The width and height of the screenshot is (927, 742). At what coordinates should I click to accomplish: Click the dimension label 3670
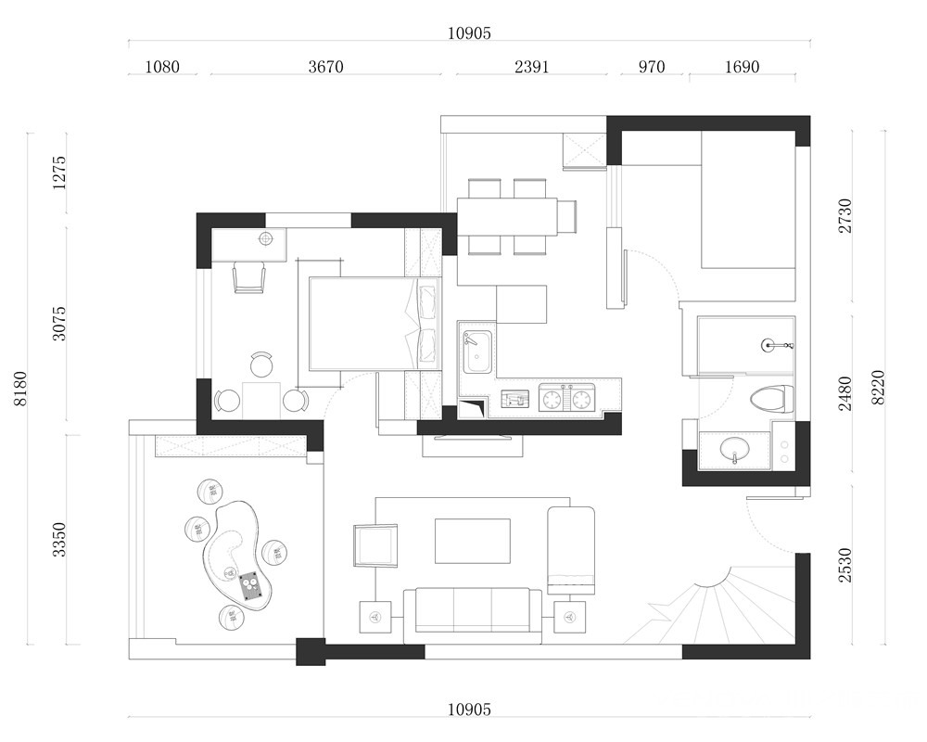point(325,66)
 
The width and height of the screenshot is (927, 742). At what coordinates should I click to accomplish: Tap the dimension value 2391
point(531,66)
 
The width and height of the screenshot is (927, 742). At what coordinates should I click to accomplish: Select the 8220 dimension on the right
point(878,387)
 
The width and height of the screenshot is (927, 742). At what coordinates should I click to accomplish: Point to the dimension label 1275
point(59,173)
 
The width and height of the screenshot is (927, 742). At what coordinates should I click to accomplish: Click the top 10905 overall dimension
point(469,33)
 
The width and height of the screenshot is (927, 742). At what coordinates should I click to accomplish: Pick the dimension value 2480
point(845,393)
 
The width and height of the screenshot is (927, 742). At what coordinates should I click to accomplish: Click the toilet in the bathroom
point(772,400)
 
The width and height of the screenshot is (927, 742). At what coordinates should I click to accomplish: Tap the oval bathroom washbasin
point(735,449)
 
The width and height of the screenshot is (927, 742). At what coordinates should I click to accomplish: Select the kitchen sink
point(477,353)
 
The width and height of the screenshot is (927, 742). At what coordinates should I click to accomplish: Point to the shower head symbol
point(771,344)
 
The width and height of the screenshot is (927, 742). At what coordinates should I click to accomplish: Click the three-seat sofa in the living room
point(473,615)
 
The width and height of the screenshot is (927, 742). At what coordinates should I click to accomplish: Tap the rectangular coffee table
point(473,541)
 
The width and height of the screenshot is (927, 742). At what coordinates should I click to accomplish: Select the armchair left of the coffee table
point(375,544)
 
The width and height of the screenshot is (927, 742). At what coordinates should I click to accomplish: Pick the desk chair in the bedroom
point(248,277)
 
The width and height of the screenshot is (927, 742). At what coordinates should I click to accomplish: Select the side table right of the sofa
point(570,617)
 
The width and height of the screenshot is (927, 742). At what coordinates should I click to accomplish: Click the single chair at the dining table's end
point(567,217)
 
